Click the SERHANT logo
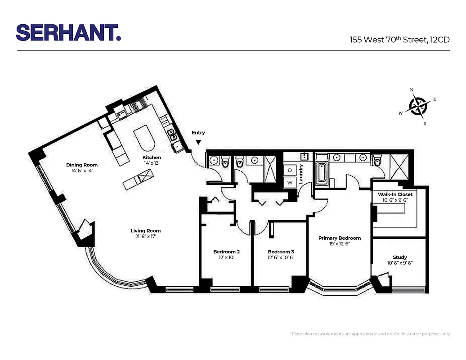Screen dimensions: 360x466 point(68,32)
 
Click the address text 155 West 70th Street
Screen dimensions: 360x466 point(400,40)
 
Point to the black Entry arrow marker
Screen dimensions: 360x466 point(198,143)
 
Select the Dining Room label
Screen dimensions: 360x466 point(81,165)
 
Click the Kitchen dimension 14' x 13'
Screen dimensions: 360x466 point(152,163)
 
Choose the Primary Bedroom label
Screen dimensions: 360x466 point(339,238)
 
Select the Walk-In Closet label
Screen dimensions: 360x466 point(395,194)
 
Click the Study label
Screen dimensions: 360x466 point(399,257)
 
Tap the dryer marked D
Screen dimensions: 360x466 point(290,171)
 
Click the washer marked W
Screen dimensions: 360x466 point(290,183)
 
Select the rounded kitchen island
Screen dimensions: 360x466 point(144,139)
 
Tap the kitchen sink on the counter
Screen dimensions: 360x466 point(171,134)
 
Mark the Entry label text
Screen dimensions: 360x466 point(198,133)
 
